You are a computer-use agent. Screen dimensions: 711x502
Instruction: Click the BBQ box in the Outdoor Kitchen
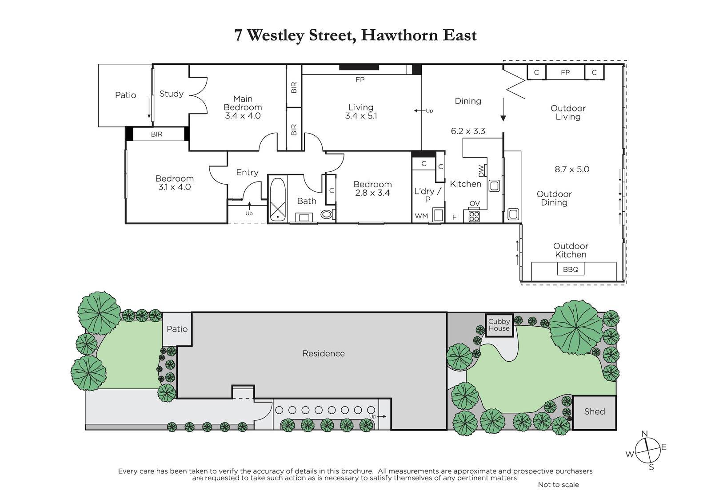click(571, 269)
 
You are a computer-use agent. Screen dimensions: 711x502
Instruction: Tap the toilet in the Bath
click(327, 215)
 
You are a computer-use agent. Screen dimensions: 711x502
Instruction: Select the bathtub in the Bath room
click(278, 199)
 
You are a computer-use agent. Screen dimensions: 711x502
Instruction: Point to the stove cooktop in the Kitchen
click(474, 217)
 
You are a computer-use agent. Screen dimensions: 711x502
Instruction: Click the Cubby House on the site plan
click(499, 325)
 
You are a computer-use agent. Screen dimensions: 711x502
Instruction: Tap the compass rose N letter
click(644, 434)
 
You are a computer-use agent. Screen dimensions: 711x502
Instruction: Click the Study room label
click(172, 94)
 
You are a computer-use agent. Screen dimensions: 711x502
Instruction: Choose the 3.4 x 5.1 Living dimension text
click(361, 116)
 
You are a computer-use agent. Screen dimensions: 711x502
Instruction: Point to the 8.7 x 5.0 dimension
click(572, 170)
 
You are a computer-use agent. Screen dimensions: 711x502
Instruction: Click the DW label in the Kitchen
click(482, 171)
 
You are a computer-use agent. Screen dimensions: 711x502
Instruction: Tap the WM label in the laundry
click(421, 216)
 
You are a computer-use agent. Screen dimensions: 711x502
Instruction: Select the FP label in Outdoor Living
click(565, 72)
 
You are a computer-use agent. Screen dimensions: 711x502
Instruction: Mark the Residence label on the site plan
click(324, 354)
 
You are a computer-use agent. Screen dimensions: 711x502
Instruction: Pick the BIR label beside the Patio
click(157, 134)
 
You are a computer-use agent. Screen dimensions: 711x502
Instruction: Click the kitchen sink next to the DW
click(494, 186)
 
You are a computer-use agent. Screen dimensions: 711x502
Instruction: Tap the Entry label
click(247, 173)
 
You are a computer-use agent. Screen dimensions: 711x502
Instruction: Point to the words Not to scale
click(558, 485)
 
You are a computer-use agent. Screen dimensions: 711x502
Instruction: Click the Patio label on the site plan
click(177, 329)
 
